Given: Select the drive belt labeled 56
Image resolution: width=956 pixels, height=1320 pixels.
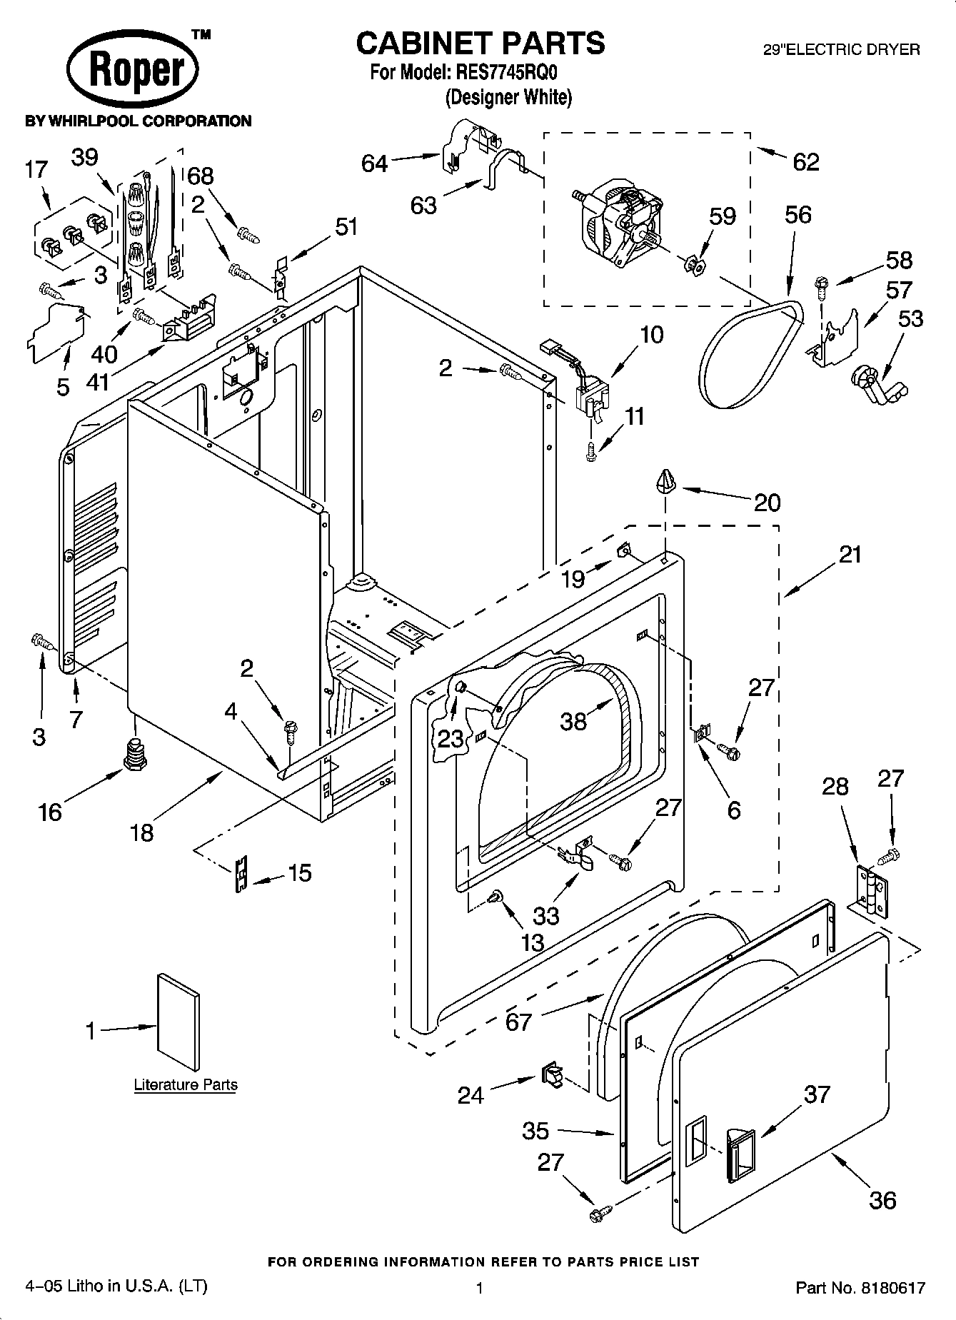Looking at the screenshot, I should coord(750,357).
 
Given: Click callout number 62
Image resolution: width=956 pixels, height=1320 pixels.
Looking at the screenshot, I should coord(805,162).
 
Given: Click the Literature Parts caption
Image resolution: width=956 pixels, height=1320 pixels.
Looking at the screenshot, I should coord(186,1084).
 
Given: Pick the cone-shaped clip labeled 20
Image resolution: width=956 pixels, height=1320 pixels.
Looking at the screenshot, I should coord(665,482).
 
